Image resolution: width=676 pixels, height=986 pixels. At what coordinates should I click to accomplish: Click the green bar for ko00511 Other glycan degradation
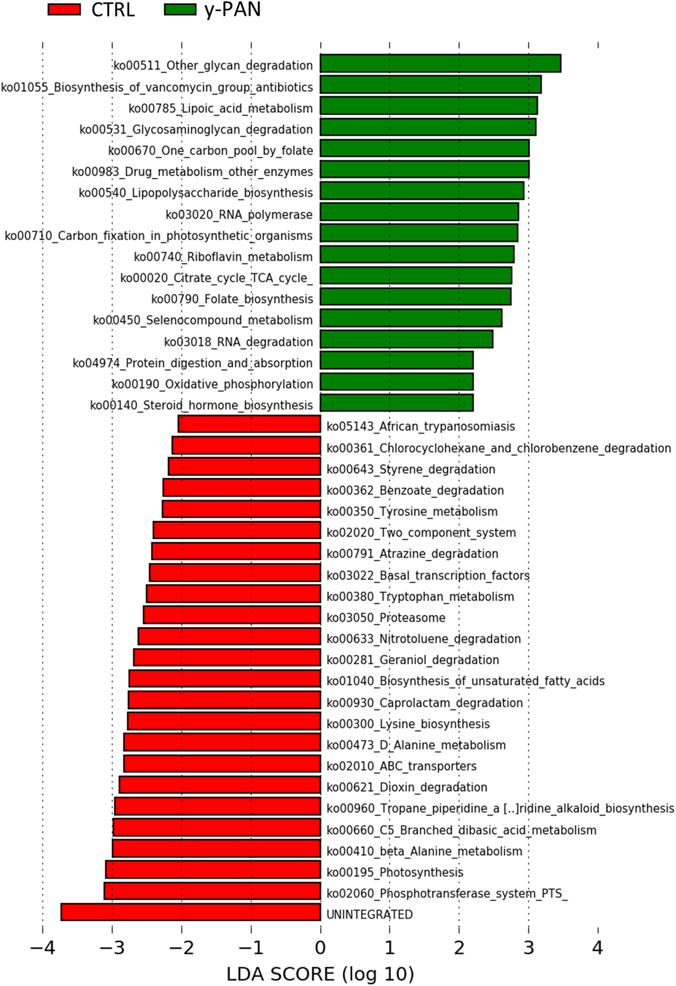[440, 64]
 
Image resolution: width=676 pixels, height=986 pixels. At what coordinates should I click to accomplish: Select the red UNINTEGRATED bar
[191, 912]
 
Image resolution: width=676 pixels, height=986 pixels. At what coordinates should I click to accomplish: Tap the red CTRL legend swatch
[64, 9]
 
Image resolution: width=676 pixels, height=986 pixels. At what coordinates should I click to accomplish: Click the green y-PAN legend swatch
[180, 9]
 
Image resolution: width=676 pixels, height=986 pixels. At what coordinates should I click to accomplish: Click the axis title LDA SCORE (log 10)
[320, 974]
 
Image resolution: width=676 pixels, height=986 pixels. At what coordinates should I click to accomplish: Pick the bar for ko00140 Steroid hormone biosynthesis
[397, 403]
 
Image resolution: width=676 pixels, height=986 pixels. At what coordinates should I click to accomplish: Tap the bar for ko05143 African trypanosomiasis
[249, 424]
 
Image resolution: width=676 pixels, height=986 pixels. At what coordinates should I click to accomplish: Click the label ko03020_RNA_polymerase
[239, 214]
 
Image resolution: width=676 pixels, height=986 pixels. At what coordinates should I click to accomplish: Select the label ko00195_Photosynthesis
[395, 872]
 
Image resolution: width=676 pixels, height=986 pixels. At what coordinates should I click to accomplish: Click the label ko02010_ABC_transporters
[402, 766]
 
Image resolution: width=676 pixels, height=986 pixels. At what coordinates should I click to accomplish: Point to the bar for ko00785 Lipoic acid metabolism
[429, 106]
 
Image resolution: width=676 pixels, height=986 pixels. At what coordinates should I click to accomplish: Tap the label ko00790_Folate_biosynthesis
[232, 299]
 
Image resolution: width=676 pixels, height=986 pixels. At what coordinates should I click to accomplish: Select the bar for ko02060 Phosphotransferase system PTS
[212, 891]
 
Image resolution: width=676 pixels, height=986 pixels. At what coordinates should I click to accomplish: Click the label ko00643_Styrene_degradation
[411, 469]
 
